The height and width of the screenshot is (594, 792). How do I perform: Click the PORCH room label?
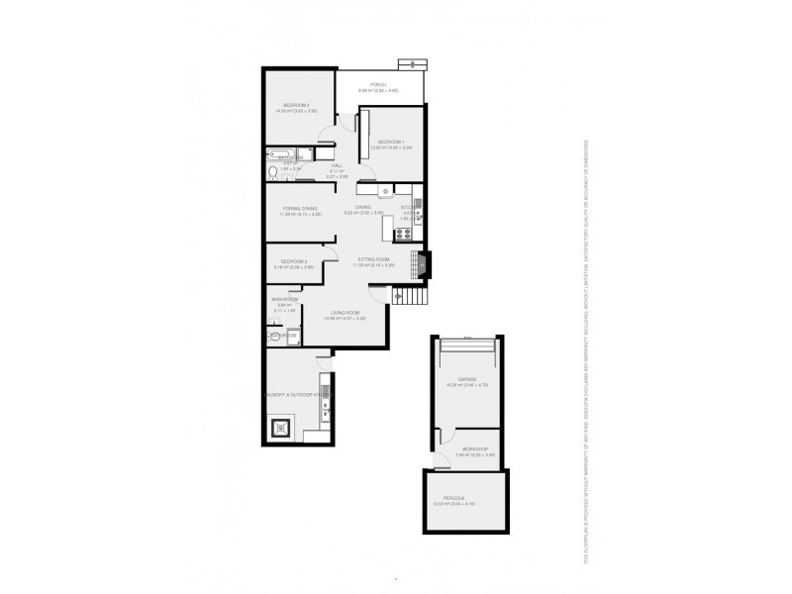click(378, 85)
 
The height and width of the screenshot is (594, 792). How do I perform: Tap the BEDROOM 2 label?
click(297, 105)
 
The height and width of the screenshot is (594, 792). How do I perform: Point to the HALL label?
click(337, 165)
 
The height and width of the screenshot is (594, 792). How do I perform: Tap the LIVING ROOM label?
click(347, 312)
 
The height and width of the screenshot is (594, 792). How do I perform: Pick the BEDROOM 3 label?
click(294, 261)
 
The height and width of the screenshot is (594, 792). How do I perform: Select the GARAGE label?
click(467, 379)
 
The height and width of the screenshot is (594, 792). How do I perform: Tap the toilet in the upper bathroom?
click(274, 171)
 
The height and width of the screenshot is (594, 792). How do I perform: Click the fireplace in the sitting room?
click(423, 263)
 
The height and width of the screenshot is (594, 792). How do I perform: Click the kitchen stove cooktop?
click(403, 234)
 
